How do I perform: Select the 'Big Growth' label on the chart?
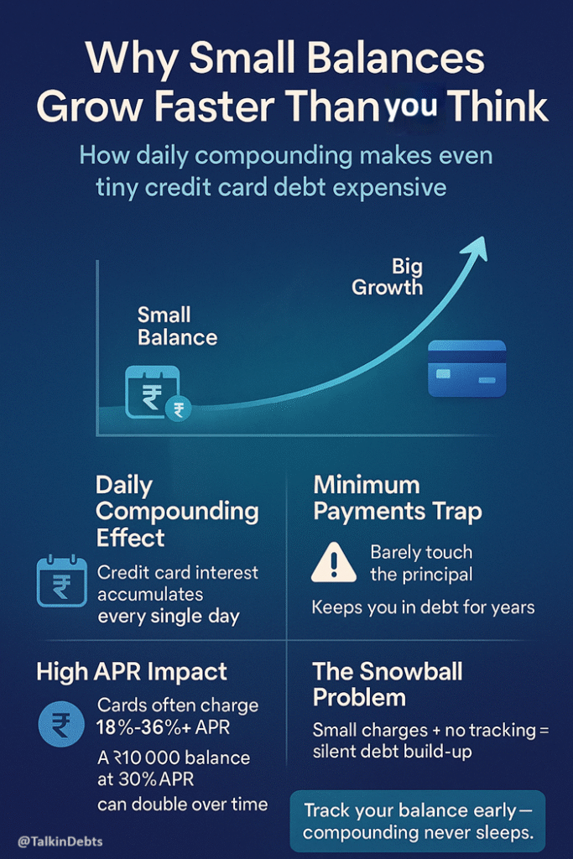pyautogui.click(x=388, y=278)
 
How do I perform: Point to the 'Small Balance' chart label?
pyautogui.click(x=177, y=326)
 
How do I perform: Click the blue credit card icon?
pyautogui.click(x=466, y=367)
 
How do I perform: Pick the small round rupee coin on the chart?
pyautogui.click(x=179, y=409)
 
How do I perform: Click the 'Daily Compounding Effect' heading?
pyautogui.click(x=177, y=511)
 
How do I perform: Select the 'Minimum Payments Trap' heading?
pyautogui.click(x=398, y=498)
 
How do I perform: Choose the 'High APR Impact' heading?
pyautogui.click(x=132, y=671)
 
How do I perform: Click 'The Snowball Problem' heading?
pyautogui.click(x=388, y=684)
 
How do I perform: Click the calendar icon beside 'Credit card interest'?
pyautogui.click(x=62, y=580)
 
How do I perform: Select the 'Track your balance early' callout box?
pyautogui.click(x=418, y=821)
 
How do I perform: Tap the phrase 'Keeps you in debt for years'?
pyautogui.click(x=423, y=607)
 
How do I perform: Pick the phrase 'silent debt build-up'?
pyautogui.click(x=392, y=752)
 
